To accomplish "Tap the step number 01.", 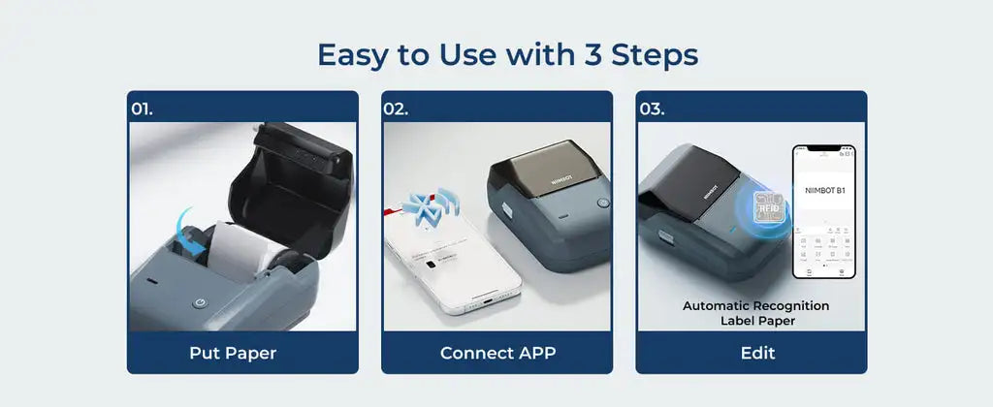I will point(143,109).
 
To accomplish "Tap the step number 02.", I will point(396,109).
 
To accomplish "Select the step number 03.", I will point(652,109).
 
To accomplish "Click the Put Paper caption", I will point(233,353).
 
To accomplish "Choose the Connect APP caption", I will point(496,353).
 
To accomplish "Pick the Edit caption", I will point(757,353).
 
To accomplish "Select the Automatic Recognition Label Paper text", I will point(756,312).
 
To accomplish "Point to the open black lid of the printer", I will point(291,184).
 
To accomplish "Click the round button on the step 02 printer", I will point(603,203).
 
